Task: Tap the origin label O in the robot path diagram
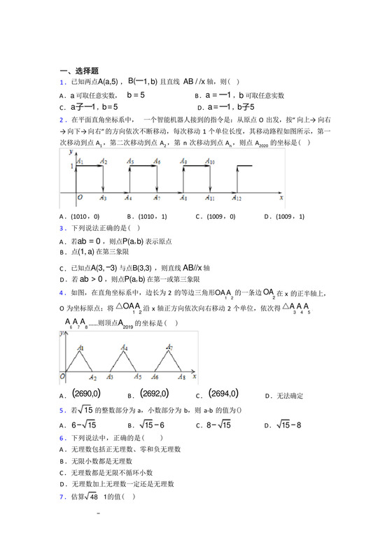[x=80, y=198]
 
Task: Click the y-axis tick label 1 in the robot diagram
[x=70, y=166]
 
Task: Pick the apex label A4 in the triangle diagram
[x=124, y=348]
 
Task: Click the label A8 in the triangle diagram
[x=181, y=378]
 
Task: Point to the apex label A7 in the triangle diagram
[x=169, y=348]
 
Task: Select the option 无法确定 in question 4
[x=288, y=396]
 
